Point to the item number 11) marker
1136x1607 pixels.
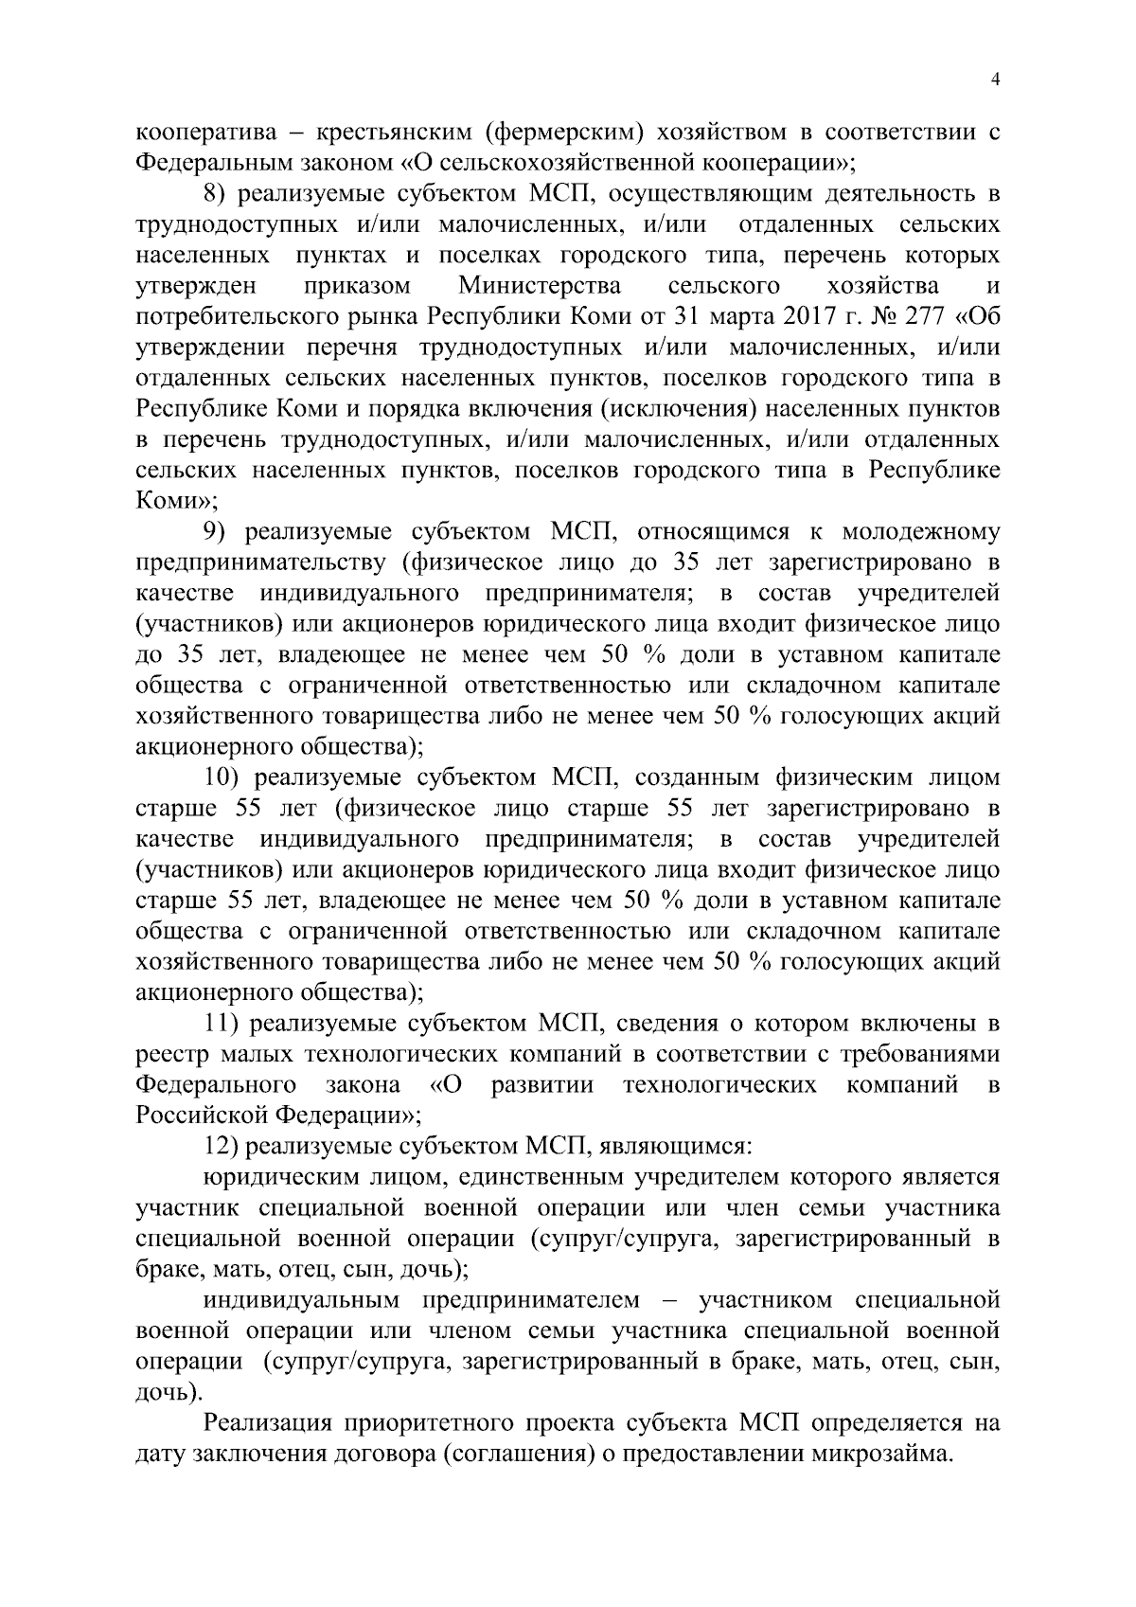pyautogui.click(x=222, y=1024)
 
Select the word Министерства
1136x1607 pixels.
pyautogui.click(x=540, y=286)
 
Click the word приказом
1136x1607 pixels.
pyautogui.click(x=358, y=286)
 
